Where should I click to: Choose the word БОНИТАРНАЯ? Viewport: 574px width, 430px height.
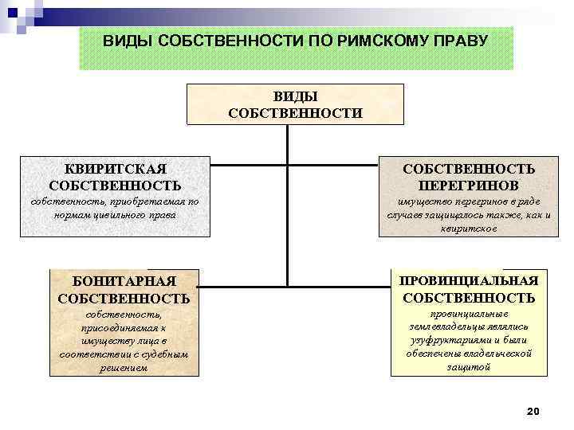(x=124, y=281)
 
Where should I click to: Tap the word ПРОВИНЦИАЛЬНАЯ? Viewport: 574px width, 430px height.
(x=470, y=280)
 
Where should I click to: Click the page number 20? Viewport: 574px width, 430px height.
(x=533, y=411)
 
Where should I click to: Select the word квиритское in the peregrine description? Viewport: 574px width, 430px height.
(x=469, y=228)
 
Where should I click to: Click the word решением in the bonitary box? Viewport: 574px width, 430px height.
(x=124, y=367)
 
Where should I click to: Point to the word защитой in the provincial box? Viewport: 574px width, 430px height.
(x=469, y=367)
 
